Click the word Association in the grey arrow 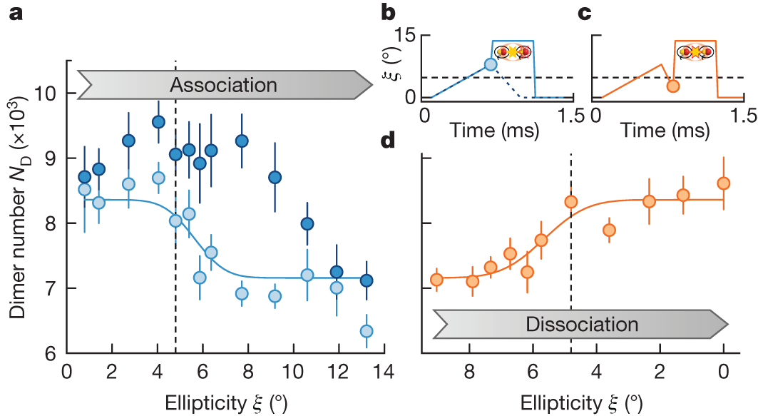pos(223,86)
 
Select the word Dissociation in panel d pos(582,324)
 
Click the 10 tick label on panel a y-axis pos(49,93)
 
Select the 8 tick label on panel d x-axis pos(468,373)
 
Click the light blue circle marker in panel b pos(491,64)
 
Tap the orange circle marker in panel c pos(672,86)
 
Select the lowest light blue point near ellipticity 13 pos(367,331)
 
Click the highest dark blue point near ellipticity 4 pos(158,121)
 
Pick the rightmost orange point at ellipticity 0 pos(724,183)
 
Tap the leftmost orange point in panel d pos(437,279)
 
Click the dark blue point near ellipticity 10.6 pos(307,223)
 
